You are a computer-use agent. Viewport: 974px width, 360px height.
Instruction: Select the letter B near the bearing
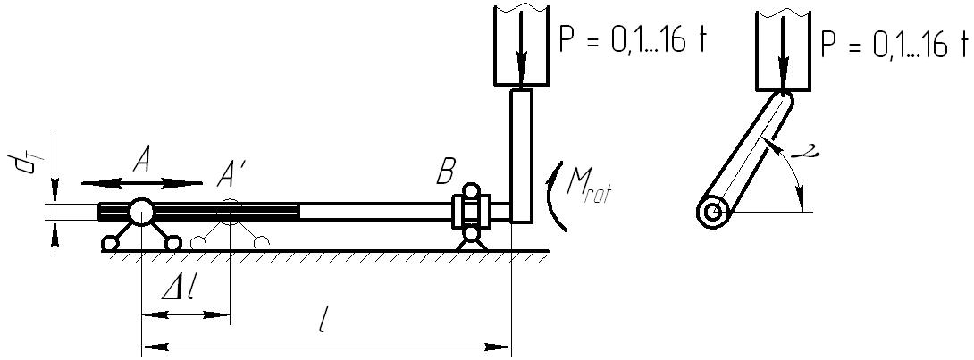tap(445, 172)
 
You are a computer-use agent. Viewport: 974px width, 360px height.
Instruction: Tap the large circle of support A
tap(141, 211)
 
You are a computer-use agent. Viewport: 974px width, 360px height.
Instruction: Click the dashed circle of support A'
tap(230, 211)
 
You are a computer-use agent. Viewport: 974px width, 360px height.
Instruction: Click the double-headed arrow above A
tap(141, 183)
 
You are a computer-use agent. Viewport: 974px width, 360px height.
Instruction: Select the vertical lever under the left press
tap(521, 156)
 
